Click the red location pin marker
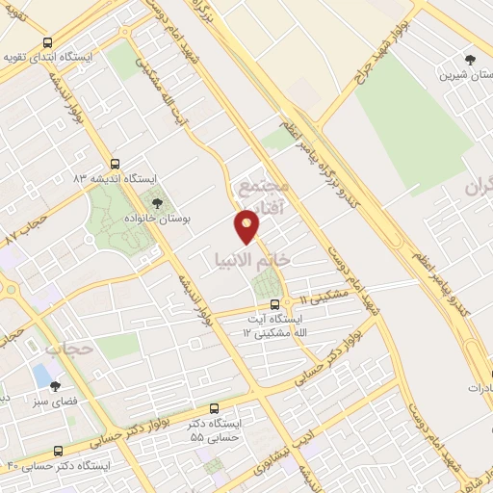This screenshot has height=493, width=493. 247,227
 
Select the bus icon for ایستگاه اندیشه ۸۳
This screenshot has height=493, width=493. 116,164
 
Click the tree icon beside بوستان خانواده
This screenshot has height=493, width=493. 156,202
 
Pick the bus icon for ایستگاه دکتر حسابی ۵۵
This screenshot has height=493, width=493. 213,408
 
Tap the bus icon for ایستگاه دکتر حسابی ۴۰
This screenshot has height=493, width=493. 59,451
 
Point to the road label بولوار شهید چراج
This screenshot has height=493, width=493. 365,56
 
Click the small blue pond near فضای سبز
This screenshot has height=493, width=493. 42,374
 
